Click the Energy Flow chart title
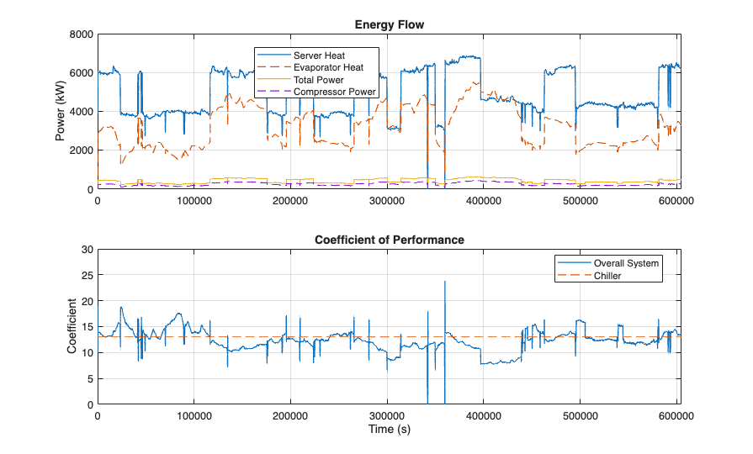coord(388,25)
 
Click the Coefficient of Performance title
coord(388,240)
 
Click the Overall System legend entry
coord(624,263)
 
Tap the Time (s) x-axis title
coord(388,430)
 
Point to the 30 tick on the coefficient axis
coord(87,250)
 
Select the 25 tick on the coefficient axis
coord(87,276)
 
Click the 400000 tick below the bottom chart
coord(484,416)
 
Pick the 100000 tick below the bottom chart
coord(194,416)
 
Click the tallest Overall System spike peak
coord(445,282)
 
